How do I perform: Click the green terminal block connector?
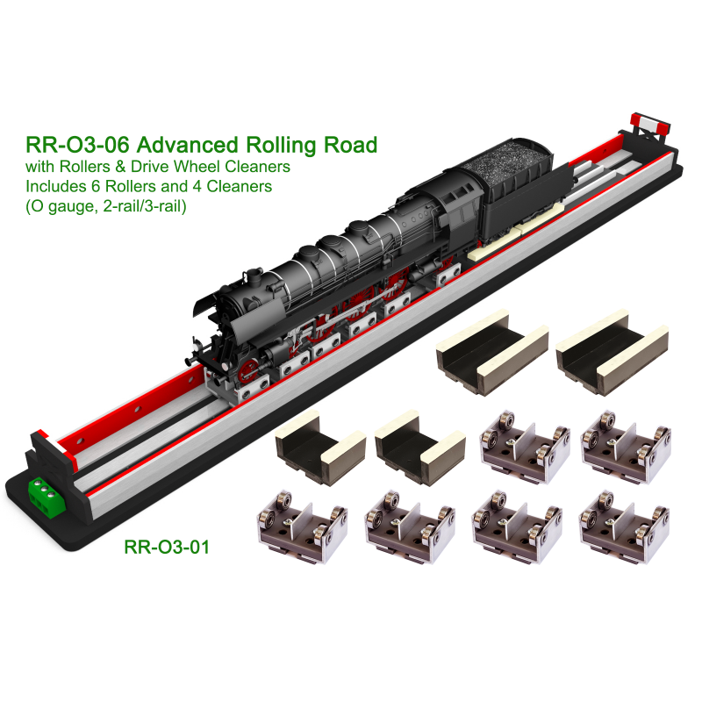pos(47,496)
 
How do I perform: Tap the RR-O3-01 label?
pos(167,547)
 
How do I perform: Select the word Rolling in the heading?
pos(282,145)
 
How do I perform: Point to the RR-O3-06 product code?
pos(77,145)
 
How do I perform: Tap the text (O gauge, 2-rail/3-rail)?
pos(106,206)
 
